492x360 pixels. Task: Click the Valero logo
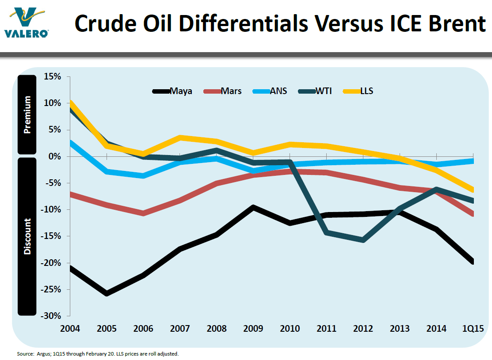point(27,22)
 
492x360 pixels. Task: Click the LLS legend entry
point(366,91)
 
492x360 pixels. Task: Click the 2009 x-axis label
point(253,329)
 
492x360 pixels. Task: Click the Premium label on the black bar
point(27,115)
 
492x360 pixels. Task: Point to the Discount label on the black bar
point(27,236)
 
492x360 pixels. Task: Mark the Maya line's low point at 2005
point(107,293)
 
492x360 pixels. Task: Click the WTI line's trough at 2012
point(363,240)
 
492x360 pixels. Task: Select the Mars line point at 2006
point(143,213)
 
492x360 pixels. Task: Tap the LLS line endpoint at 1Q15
point(473,190)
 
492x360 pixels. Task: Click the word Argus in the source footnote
point(42,354)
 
